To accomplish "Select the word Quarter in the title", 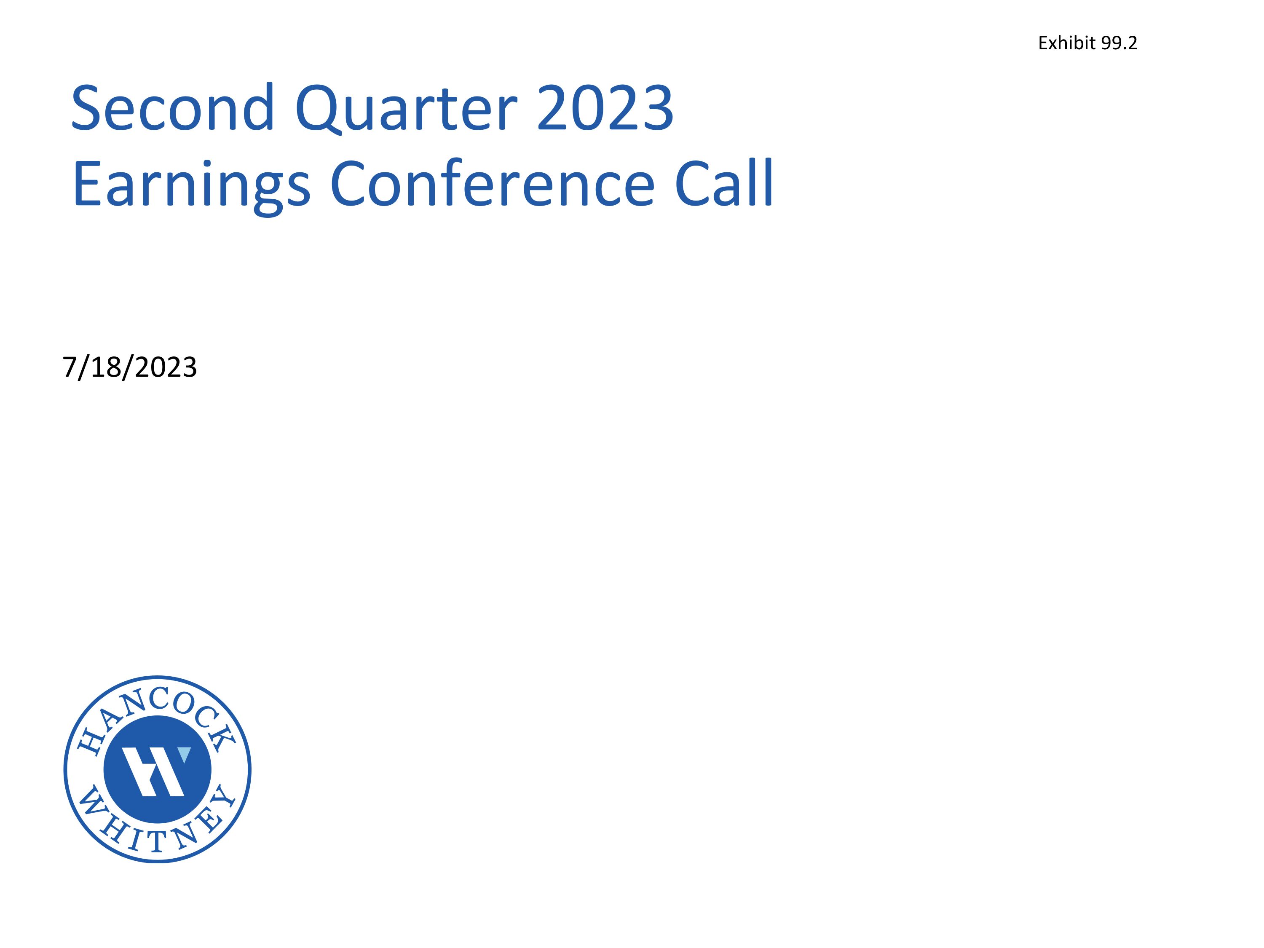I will point(406,109).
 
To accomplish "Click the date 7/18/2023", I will point(130,367).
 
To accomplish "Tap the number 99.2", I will point(1119,43).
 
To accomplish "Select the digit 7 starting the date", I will point(69,367).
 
